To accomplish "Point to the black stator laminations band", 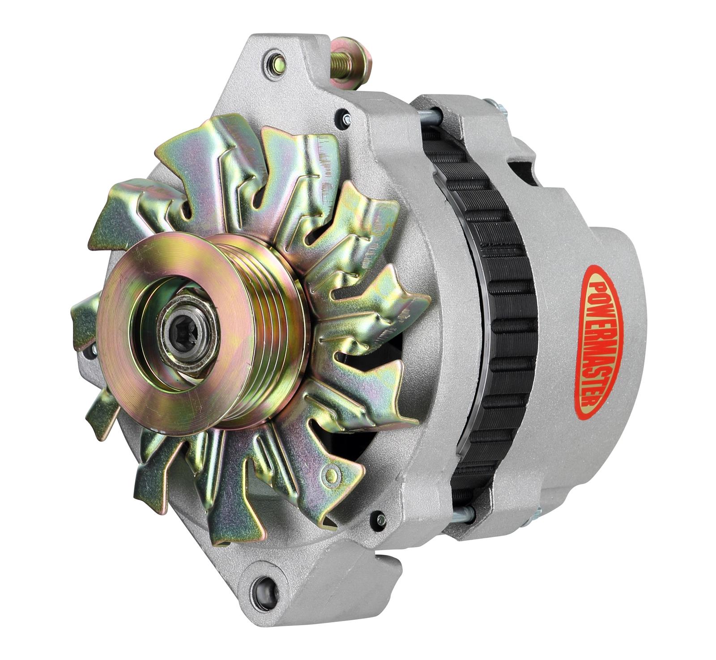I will click(x=497, y=313).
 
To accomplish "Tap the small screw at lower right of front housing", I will click(x=381, y=519).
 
